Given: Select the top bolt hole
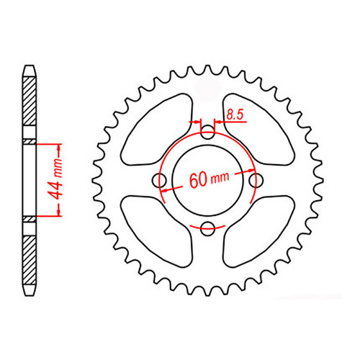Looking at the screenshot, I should click(x=208, y=132).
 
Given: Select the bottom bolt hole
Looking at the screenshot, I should click(x=208, y=229).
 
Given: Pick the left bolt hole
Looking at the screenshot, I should click(x=160, y=181).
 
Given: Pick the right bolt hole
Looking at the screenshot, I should click(x=257, y=181).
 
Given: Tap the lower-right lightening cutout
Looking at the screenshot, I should click(x=261, y=234).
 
